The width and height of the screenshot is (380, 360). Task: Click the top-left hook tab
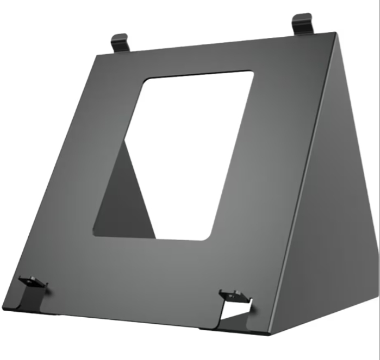pyautogui.click(x=120, y=42)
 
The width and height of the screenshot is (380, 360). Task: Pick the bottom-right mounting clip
pyautogui.click(x=233, y=296)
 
